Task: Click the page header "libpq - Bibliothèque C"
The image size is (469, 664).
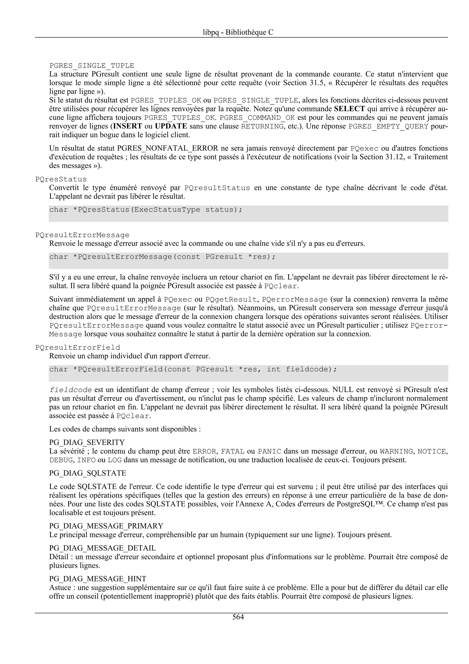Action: coord(238,32)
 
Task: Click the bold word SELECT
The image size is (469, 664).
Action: coord(349,109)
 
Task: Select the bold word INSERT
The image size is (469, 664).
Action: coord(127,126)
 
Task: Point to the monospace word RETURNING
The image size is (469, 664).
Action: coord(262,127)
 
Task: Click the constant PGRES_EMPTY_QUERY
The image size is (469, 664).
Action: coord(388,127)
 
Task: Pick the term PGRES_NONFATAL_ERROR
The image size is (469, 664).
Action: coord(168,148)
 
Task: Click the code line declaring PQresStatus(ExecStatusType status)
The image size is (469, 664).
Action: coord(146,210)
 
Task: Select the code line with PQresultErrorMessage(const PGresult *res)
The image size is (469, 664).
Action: coord(162,257)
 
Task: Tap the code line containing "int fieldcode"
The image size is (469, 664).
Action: coord(193,369)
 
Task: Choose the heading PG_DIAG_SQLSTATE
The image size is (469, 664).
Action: coord(87,473)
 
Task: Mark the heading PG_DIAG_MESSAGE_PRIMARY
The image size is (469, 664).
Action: coord(106,526)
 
